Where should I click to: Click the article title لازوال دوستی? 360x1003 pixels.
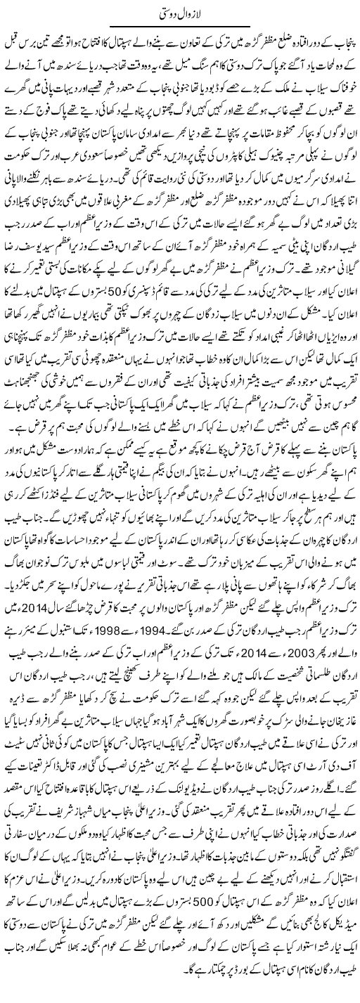click(x=180, y=13)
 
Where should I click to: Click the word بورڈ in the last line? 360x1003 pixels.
click(x=130, y=992)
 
